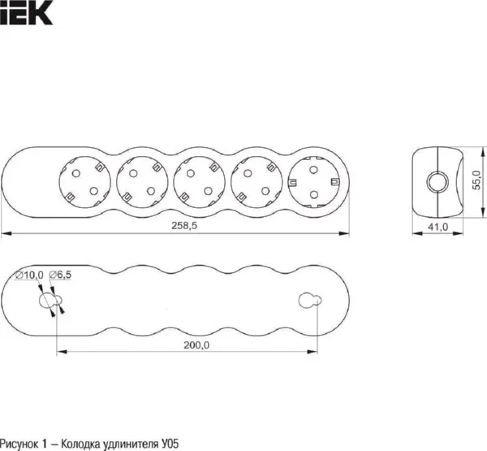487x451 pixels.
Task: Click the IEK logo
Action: point(26,12)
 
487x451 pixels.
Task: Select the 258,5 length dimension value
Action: point(184,226)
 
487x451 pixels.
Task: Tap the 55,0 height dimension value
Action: point(476,180)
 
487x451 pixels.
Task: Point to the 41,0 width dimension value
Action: point(438,227)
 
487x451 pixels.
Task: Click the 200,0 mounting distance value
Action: point(196,345)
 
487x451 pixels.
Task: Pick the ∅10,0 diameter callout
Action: point(29,275)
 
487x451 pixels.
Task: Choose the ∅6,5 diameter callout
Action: point(60,275)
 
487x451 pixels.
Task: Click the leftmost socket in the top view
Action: point(84,182)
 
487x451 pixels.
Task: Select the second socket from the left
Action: point(142,182)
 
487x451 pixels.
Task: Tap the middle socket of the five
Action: point(200,182)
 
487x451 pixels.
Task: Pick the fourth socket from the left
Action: point(256,182)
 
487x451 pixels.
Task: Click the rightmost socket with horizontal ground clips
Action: point(313,182)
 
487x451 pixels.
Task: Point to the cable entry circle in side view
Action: point(437,182)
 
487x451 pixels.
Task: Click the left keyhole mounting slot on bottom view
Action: point(50,300)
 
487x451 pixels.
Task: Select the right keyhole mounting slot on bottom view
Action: point(310,300)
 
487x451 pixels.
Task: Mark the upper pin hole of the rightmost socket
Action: point(313,170)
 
